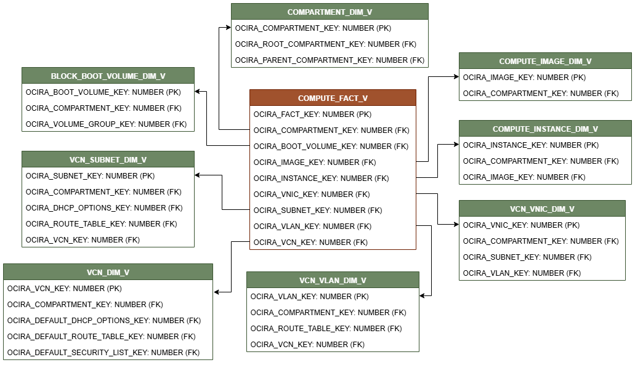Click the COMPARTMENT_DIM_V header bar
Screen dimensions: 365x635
click(x=330, y=12)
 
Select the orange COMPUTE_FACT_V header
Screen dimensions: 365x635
click(x=333, y=98)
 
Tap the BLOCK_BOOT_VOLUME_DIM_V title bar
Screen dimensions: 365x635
click(x=108, y=76)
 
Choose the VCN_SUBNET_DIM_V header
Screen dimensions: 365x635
click(x=108, y=159)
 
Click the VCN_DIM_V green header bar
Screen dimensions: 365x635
click(x=108, y=272)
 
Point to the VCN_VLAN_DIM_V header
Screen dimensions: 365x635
click(x=333, y=280)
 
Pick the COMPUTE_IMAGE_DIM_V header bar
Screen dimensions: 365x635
click(x=545, y=61)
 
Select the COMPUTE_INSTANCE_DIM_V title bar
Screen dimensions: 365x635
click(x=545, y=129)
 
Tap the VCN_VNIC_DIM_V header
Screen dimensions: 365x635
click(x=542, y=209)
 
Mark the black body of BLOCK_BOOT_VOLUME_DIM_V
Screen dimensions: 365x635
click(x=108, y=107)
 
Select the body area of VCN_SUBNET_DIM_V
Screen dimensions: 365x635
click(x=108, y=207)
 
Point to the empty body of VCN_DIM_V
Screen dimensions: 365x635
click(x=108, y=319)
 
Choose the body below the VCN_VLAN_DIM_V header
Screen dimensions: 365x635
click(x=333, y=319)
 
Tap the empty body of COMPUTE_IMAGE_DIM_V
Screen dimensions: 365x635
click(x=545, y=84)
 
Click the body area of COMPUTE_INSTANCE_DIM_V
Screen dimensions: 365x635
click(x=545, y=160)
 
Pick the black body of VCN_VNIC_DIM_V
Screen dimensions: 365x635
click(x=542, y=248)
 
